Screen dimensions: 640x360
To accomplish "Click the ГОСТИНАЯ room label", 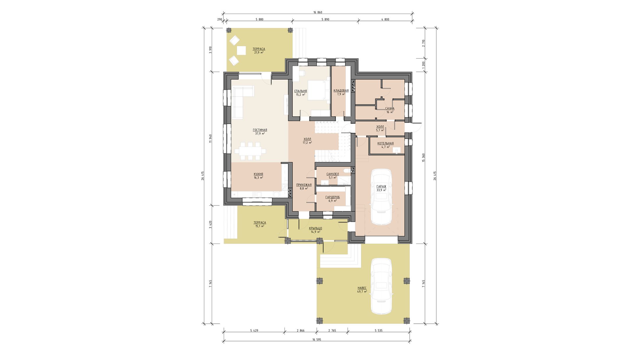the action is (260, 130).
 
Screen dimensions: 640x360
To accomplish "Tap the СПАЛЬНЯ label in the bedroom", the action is (301, 91).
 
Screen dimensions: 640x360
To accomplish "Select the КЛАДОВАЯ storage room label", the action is (341, 91).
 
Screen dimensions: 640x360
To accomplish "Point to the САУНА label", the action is (390, 109).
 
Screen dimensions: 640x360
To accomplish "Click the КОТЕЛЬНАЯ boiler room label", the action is (385, 143).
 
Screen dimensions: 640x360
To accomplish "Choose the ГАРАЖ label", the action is (381, 186).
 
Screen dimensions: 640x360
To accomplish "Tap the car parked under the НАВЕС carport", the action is (381, 286).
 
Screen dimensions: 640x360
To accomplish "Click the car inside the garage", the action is (381, 197).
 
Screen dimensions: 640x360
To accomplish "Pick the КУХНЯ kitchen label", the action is (258, 174).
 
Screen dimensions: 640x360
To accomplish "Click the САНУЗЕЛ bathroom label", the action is (333, 174).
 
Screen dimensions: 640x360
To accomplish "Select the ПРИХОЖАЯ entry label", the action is (304, 185).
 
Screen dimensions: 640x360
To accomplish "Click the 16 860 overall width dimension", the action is (318, 12).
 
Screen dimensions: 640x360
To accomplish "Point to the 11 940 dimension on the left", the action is (210, 139).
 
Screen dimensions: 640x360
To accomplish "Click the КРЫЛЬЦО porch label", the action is (315, 228).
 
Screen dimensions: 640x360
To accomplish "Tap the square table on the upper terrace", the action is (241, 51).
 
